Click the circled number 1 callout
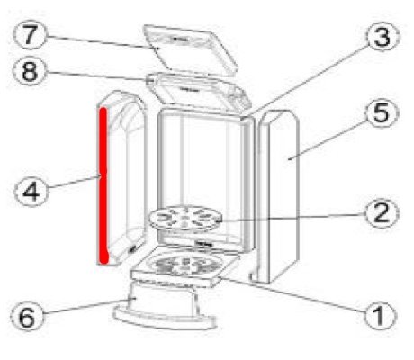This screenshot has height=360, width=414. click(x=380, y=315)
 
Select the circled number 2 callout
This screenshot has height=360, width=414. click(x=381, y=212)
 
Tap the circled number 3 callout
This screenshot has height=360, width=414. click(x=382, y=37)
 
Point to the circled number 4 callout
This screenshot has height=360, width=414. click(x=31, y=191)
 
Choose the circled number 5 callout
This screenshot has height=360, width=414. click(x=381, y=113)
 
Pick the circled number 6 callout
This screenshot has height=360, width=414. click(x=27, y=316)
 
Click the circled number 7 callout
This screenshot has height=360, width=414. click(x=30, y=35)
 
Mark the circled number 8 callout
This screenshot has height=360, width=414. click(x=30, y=71)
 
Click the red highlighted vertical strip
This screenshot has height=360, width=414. click(x=103, y=186)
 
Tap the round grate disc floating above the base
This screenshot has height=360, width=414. click(x=185, y=218)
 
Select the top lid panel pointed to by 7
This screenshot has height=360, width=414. click(x=191, y=49)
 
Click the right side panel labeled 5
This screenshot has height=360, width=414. click(x=276, y=196)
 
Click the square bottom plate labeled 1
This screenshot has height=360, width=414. click(x=185, y=266)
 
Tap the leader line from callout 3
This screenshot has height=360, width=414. click(x=309, y=80)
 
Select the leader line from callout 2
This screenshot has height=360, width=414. click(x=293, y=218)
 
